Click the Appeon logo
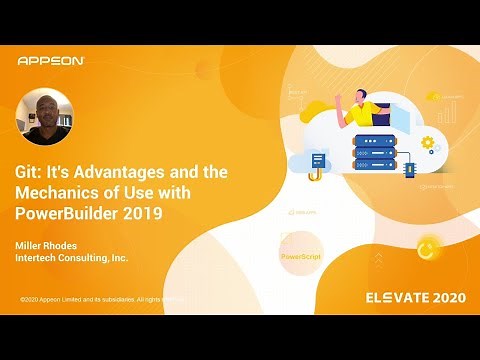[x=51, y=60]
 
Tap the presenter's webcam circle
[x=44, y=117]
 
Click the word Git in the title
[x=27, y=172]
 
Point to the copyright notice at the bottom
[x=100, y=299]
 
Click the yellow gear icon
[x=429, y=143]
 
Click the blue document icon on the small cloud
[x=318, y=160]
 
